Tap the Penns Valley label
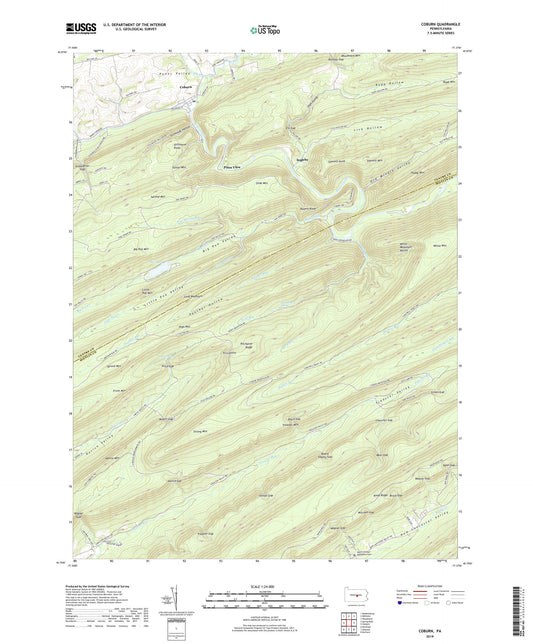pyautogui.click(x=174, y=73)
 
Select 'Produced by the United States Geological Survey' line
pyautogui.click(x=112, y=586)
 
